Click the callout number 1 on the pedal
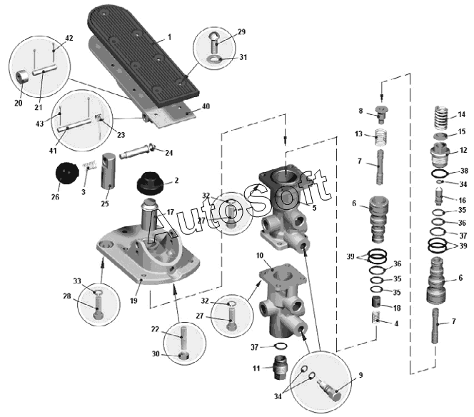click(170, 36)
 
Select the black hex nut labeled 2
click(149, 186)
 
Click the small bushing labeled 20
click(23, 77)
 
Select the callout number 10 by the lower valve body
click(261, 255)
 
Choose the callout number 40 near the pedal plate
click(206, 106)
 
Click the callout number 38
click(463, 171)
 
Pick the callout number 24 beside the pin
click(169, 152)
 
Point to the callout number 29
click(241, 32)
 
